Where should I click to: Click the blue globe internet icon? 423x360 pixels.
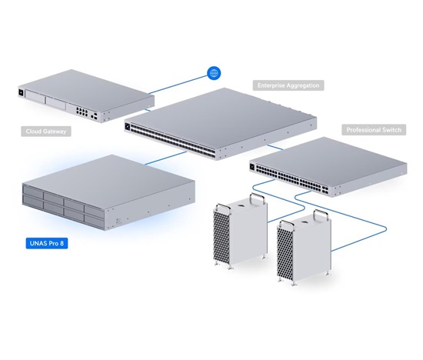214,73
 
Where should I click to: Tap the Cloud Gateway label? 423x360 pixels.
46,132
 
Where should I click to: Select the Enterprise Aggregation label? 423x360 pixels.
288,85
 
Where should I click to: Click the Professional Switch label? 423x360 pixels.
374,130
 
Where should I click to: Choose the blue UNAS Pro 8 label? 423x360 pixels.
47,243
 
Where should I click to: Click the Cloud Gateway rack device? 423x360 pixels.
86,96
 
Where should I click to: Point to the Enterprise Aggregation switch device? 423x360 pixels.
221,124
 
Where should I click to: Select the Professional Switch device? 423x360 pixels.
328,166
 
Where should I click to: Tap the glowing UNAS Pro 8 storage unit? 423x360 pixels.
108,192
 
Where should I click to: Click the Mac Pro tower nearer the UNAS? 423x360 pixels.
241,231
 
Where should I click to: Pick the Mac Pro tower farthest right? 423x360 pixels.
305,247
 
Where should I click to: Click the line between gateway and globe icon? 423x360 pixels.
178,85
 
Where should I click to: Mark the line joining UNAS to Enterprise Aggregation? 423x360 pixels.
165,158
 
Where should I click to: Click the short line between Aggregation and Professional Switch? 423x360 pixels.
275,147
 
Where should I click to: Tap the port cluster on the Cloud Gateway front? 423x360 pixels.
82,112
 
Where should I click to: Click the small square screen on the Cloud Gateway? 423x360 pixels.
21,92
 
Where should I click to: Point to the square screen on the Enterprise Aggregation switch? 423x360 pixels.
128,126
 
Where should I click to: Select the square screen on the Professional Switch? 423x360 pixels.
252,167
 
